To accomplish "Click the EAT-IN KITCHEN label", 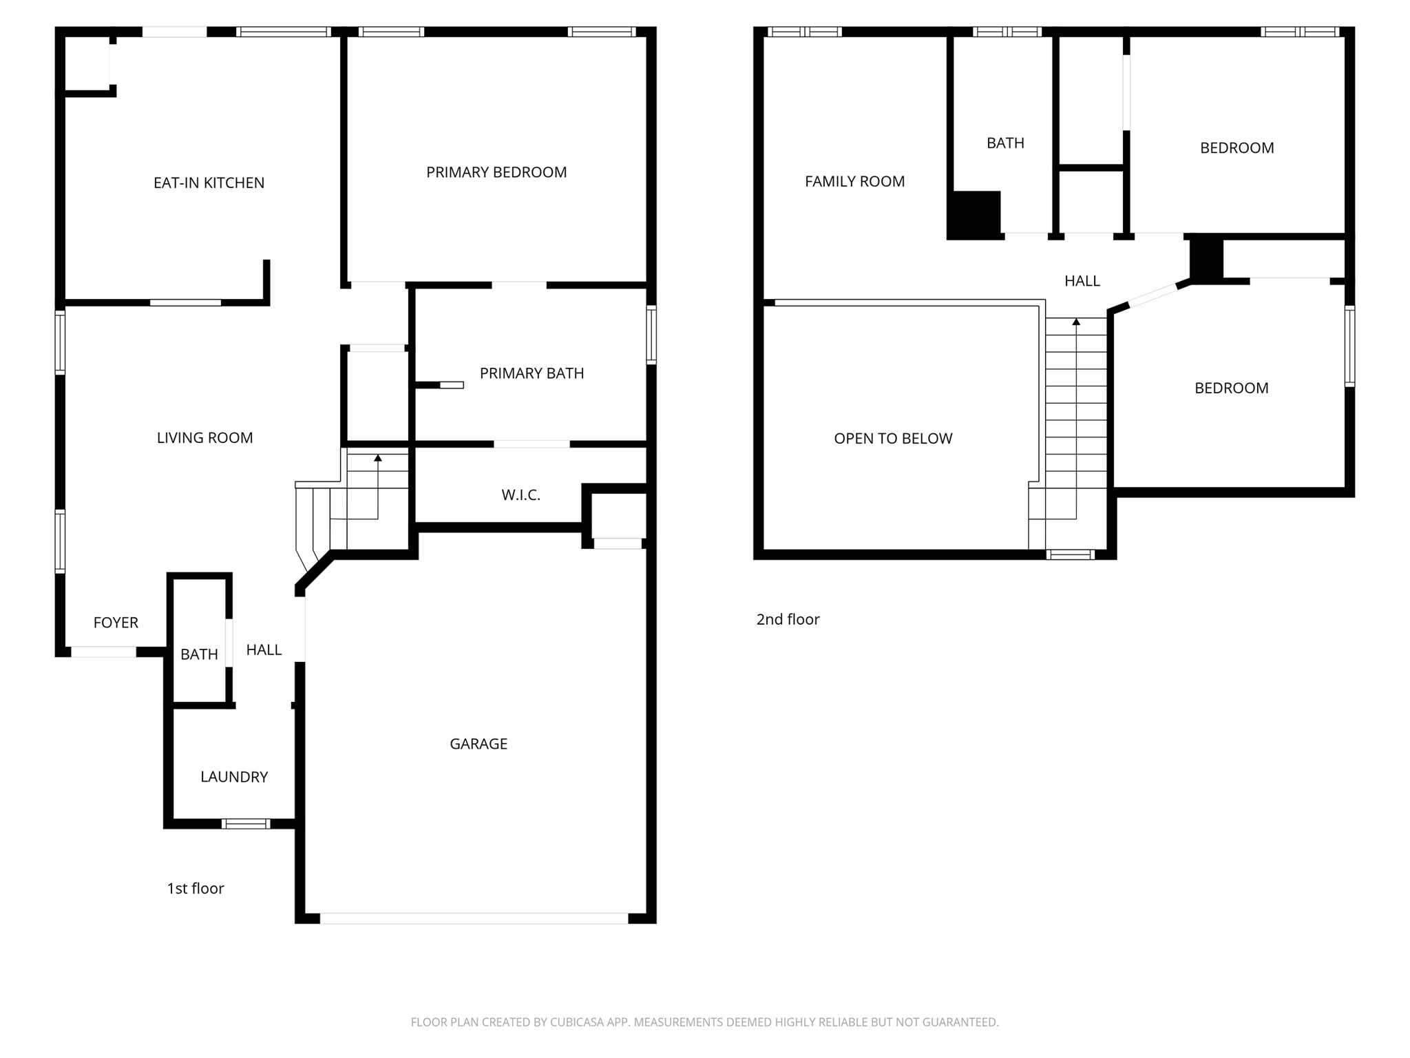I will click(x=209, y=183).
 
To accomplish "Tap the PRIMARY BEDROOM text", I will click(x=496, y=172).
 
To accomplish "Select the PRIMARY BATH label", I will click(x=532, y=373).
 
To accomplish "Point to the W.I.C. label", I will click(x=520, y=495).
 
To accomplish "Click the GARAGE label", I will click(x=478, y=744).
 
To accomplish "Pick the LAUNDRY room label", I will click(x=234, y=777).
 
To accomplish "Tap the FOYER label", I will click(x=116, y=623).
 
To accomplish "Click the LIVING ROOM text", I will click(x=204, y=437).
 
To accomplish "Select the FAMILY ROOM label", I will click(x=854, y=181).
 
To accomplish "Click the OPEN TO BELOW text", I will click(x=893, y=438).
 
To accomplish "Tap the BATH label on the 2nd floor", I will click(x=1005, y=143).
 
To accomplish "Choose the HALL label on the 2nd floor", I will click(x=1082, y=281).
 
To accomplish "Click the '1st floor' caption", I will click(x=196, y=889).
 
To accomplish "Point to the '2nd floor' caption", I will click(x=788, y=619).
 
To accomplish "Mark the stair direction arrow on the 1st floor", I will click(x=378, y=458).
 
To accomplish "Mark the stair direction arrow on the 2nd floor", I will click(x=1076, y=322).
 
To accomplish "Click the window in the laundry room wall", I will click(x=246, y=824).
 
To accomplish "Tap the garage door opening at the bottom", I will click(x=474, y=918).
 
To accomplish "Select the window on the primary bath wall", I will click(x=651, y=335).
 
